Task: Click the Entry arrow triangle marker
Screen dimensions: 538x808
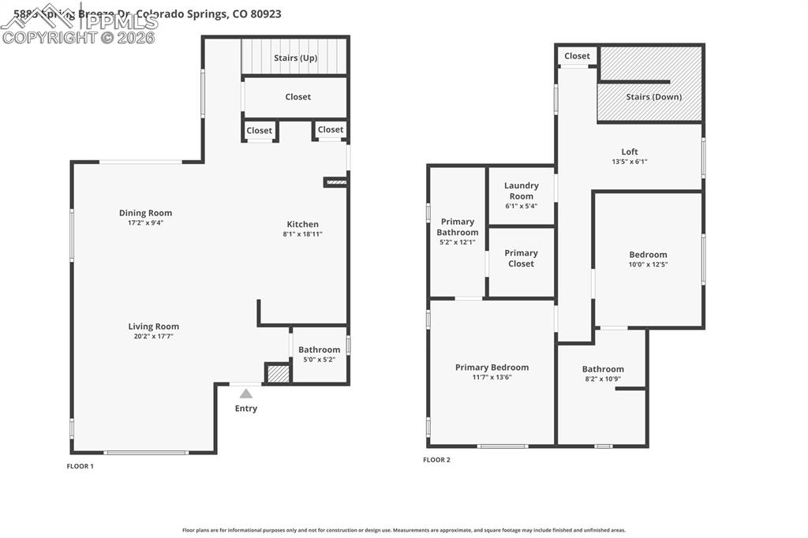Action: pyautogui.click(x=246, y=394)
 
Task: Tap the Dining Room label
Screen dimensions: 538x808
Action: pyautogui.click(x=145, y=213)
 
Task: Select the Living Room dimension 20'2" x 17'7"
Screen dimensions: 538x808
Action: pyautogui.click(x=154, y=337)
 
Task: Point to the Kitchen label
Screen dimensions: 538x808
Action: pyautogui.click(x=302, y=224)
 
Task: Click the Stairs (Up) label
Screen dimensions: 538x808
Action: pyautogui.click(x=295, y=58)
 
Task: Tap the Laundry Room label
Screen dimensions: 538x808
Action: pyautogui.click(x=521, y=191)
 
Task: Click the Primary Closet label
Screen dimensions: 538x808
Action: pyautogui.click(x=521, y=259)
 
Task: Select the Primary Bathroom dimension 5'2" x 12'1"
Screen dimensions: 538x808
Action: pyautogui.click(x=458, y=242)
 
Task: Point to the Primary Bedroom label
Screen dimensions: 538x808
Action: pyautogui.click(x=492, y=367)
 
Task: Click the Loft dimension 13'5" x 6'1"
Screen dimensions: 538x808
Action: pyautogui.click(x=630, y=162)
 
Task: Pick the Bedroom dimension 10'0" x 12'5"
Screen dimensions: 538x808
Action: pyautogui.click(x=648, y=264)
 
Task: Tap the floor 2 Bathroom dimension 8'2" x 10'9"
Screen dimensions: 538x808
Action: pyautogui.click(x=603, y=379)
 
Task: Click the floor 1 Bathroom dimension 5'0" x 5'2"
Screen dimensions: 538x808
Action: pyautogui.click(x=320, y=360)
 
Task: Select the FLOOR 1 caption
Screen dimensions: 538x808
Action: pyautogui.click(x=80, y=466)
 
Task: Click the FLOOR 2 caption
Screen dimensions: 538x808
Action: pyautogui.click(x=436, y=460)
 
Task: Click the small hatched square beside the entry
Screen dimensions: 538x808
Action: pyautogui.click(x=278, y=373)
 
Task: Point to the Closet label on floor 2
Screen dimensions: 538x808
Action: pyautogui.click(x=577, y=56)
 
